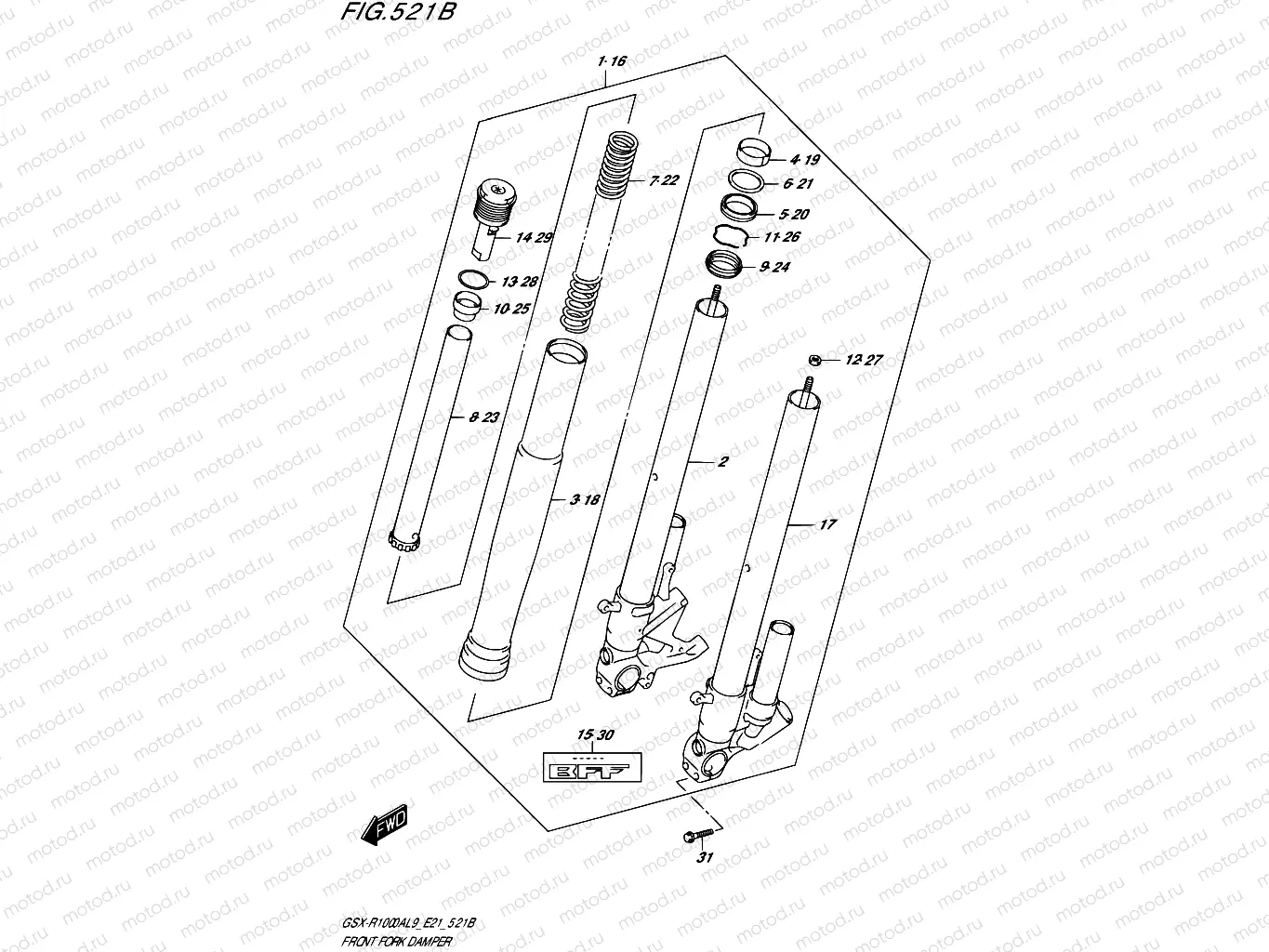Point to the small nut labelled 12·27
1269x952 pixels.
813,360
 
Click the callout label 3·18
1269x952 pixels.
585,500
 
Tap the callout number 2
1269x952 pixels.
722,461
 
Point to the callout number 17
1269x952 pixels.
826,524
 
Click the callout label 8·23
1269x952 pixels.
483,417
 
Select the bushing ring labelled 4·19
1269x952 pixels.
752,151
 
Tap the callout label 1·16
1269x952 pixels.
613,61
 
